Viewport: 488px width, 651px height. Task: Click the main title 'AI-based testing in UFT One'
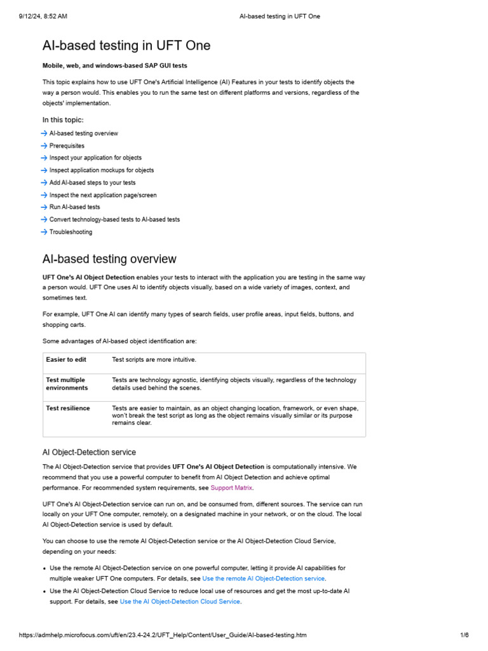[126, 46]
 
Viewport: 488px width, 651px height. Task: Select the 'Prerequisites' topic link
[67, 146]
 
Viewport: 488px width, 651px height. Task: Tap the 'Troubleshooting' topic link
[71, 232]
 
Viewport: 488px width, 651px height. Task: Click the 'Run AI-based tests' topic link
[74, 207]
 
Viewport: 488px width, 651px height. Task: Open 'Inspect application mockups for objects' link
[101, 170]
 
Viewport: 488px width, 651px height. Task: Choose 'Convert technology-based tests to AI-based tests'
[114, 219]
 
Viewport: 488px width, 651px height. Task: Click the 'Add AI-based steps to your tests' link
[92, 182]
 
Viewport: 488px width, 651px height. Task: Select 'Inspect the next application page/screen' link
[103, 195]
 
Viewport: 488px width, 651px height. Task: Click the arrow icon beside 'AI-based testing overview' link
[44, 134]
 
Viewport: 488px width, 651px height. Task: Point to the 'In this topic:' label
[63, 120]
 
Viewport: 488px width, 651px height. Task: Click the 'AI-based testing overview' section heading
[109, 259]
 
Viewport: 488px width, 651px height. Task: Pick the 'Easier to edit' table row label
[66, 360]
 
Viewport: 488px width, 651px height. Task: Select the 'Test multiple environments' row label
[67, 383]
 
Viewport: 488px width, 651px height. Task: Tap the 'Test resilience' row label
[68, 408]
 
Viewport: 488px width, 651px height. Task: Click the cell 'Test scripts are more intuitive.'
[154, 360]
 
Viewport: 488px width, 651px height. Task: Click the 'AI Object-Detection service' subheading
[89, 453]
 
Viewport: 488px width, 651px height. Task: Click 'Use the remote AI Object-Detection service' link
[263, 579]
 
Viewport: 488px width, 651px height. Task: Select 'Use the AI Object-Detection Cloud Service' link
[180, 601]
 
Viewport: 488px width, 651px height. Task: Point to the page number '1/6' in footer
[464, 635]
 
